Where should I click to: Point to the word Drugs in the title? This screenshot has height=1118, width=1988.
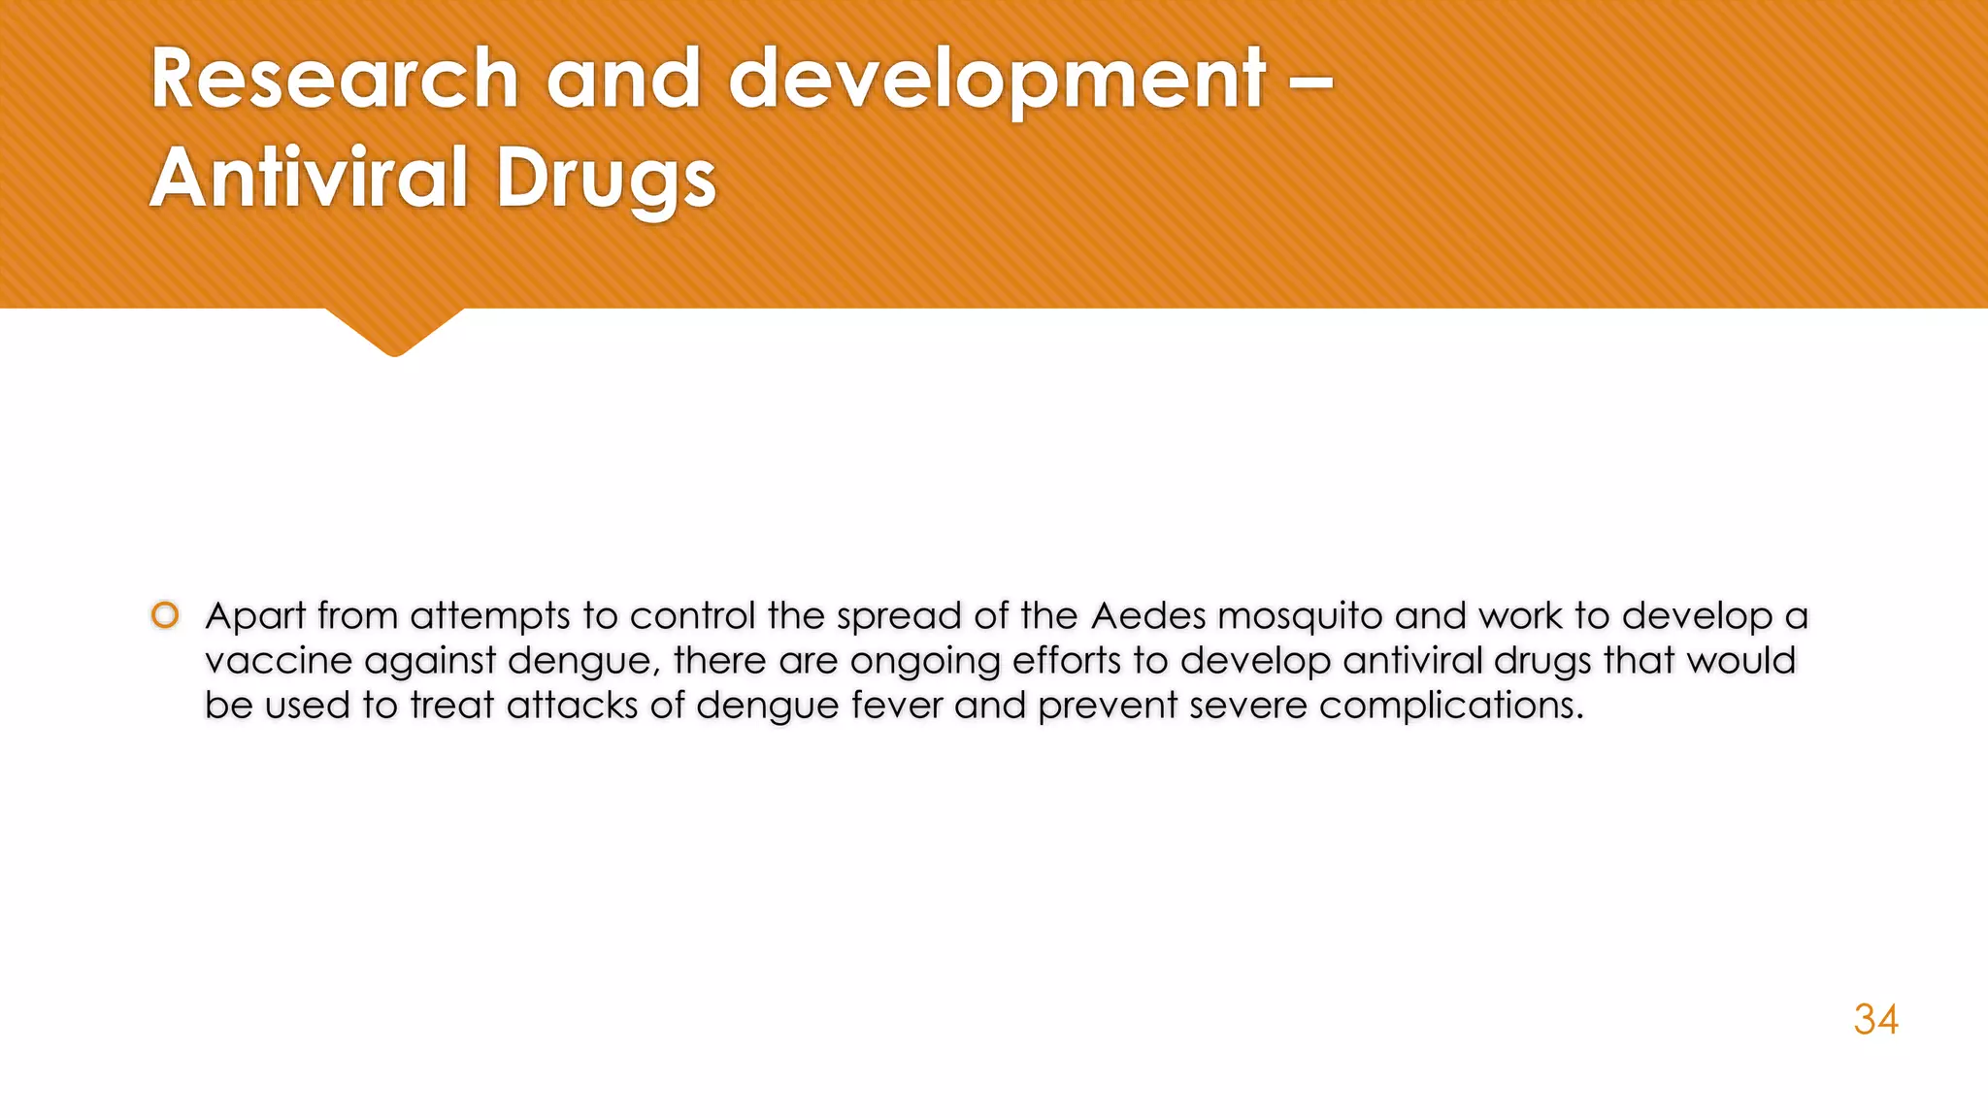(606, 181)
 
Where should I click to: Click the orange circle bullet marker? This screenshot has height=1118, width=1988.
(165, 615)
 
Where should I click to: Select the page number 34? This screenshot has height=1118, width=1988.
(1875, 1020)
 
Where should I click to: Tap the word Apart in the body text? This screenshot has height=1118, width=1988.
(255, 617)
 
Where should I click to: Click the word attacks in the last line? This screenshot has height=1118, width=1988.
(572, 706)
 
